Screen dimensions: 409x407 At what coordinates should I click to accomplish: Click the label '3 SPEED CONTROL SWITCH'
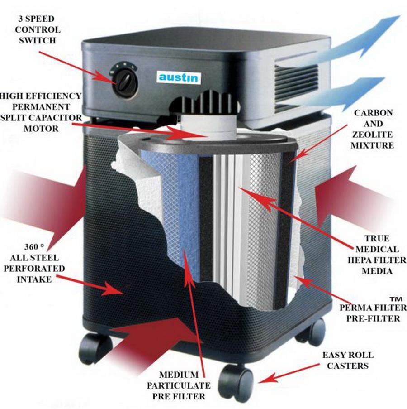click(38, 30)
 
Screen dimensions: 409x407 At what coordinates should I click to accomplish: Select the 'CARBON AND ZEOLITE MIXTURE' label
click(374, 129)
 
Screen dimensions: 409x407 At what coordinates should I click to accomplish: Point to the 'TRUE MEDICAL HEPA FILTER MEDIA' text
click(374, 255)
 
